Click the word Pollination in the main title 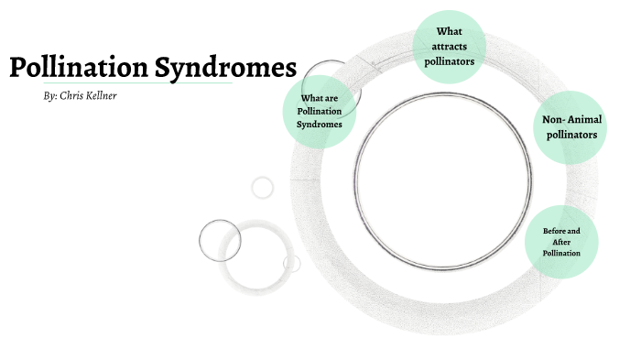[80, 69]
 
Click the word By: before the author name [50, 95]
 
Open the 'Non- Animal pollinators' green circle [570, 127]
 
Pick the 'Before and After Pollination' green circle [561, 241]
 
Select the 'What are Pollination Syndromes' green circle [319, 111]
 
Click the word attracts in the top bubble [449, 46]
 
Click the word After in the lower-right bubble [561, 241]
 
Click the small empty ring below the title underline [263, 187]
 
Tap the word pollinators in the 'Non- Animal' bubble [570, 135]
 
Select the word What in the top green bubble [449, 31]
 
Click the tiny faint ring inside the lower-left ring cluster [292, 264]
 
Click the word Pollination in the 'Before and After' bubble [561, 252]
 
